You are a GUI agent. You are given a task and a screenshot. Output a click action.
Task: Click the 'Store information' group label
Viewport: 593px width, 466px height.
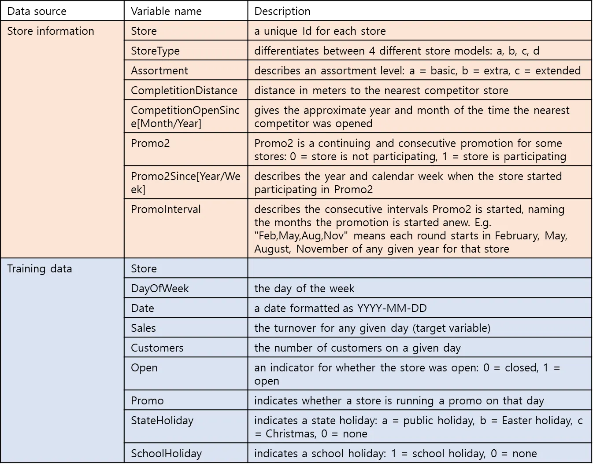51,31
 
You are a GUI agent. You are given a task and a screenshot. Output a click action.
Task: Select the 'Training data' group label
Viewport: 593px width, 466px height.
40,269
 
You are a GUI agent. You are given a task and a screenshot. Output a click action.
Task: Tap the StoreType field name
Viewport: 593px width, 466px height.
155,51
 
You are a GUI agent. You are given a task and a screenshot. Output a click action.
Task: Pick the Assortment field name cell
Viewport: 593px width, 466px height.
159,71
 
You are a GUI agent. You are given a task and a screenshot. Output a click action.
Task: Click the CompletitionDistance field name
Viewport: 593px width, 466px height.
184,91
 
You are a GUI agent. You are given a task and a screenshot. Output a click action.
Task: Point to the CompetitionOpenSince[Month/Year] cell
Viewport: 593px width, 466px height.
185,117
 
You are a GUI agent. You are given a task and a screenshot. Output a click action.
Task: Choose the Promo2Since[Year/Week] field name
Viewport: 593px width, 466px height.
185,183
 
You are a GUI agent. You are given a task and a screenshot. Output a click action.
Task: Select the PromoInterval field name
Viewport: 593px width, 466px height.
166,209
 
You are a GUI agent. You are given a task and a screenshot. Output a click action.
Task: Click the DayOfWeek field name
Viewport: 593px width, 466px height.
159,289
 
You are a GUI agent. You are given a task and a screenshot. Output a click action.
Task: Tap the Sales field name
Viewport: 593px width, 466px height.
143,328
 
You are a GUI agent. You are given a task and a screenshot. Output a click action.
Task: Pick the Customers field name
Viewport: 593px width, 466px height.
157,348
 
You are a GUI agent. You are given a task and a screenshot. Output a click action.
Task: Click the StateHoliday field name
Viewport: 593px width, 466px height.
162,421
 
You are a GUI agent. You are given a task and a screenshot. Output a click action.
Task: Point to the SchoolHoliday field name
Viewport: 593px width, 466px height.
166,454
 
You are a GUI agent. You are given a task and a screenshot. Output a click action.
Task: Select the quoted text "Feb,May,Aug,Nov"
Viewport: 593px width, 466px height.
301,236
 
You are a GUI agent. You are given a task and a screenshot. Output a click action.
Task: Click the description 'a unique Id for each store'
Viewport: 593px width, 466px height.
320,31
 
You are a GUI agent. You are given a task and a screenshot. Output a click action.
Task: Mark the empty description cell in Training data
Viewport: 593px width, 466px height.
419,268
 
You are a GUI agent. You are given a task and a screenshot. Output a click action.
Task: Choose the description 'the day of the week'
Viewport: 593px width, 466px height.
304,289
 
